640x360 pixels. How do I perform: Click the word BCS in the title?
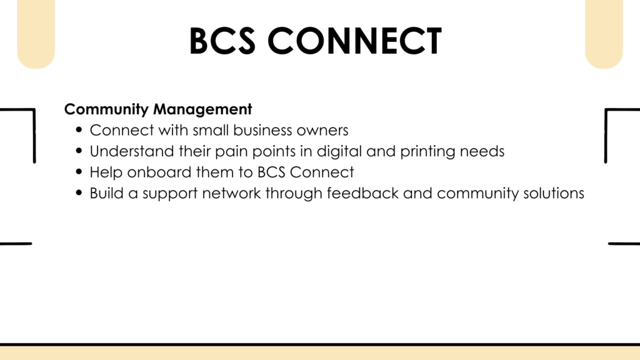pyautogui.click(x=222, y=41)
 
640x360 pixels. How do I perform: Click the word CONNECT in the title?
pyautogui.click(x=355, y=41)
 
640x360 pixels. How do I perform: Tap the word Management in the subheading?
pyautogui.click(x=202, y=109)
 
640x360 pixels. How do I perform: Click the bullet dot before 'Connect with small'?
pyautogui.click(x=79, y=130)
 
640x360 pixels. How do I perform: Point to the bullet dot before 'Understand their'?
pyautogui.click(x=79, y=151)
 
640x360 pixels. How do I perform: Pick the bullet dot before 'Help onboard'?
pyautogui.click(x=79, y=171)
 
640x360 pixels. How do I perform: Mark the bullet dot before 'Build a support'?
pyautogui.click(x=79, y=192)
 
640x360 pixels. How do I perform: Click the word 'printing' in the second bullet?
pyautogui.click(x=427, y=151)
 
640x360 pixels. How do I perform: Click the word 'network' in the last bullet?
pyautogui.click(x=231, y=193)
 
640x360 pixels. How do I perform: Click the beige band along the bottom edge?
pyautogui.click(x=320, y=353)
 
